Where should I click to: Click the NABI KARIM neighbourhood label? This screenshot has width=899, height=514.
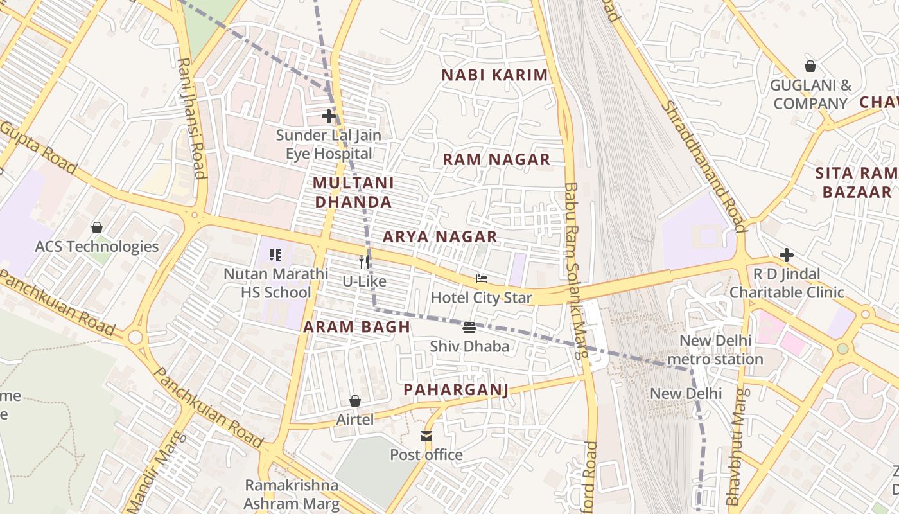[x=494, y=75]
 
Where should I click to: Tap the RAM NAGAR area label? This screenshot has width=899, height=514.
[x=496, y=160]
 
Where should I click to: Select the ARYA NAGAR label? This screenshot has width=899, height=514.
[x=440, y=236]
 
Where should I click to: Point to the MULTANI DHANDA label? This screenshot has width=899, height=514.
[x=353, y=192]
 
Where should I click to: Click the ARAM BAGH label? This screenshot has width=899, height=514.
[x=356, y=326]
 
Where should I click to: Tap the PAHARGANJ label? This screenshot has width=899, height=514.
[x=456, y=390]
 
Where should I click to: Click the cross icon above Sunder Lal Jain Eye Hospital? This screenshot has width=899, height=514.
[x=329, y=116]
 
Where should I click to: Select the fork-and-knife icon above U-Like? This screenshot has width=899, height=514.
[x=364, y=262]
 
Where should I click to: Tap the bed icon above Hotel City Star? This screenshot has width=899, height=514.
[x=482, y=279]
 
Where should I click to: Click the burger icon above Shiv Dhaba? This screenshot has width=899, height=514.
[x=469, y=327]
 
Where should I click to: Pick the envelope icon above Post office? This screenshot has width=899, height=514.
[x=426, y=436]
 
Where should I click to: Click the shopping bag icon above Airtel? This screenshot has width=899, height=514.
[x=355, y=401]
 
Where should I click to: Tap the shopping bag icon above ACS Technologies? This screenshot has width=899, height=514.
[x=97, y=227]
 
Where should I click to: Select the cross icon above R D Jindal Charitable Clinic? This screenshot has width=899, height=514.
[x=787, y=255]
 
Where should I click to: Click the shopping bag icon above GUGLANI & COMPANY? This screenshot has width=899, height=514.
[x=810, y=66]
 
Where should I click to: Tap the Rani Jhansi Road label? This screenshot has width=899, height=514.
[x=191, y=119]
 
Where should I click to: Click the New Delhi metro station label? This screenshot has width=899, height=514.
[x=715, y=350]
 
